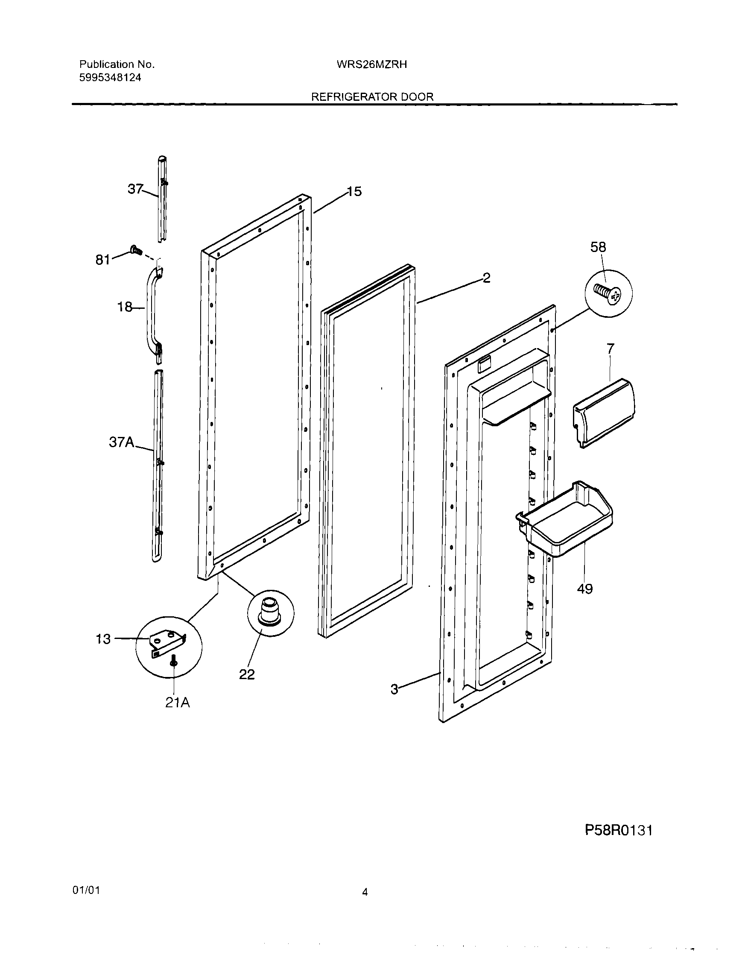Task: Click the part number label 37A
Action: [122, 442]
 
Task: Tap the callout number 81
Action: [103, 260]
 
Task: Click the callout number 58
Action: [598, 247]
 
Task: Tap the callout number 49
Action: [584, 589]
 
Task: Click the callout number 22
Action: [247, 674]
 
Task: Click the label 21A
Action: [178, 703]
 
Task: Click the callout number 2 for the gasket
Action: [486, 278]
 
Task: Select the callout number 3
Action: [394, 690]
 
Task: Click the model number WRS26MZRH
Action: [371, 65]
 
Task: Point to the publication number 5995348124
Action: [110, 78]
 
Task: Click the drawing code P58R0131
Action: [619, 830]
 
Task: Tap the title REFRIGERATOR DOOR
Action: [372, 97]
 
